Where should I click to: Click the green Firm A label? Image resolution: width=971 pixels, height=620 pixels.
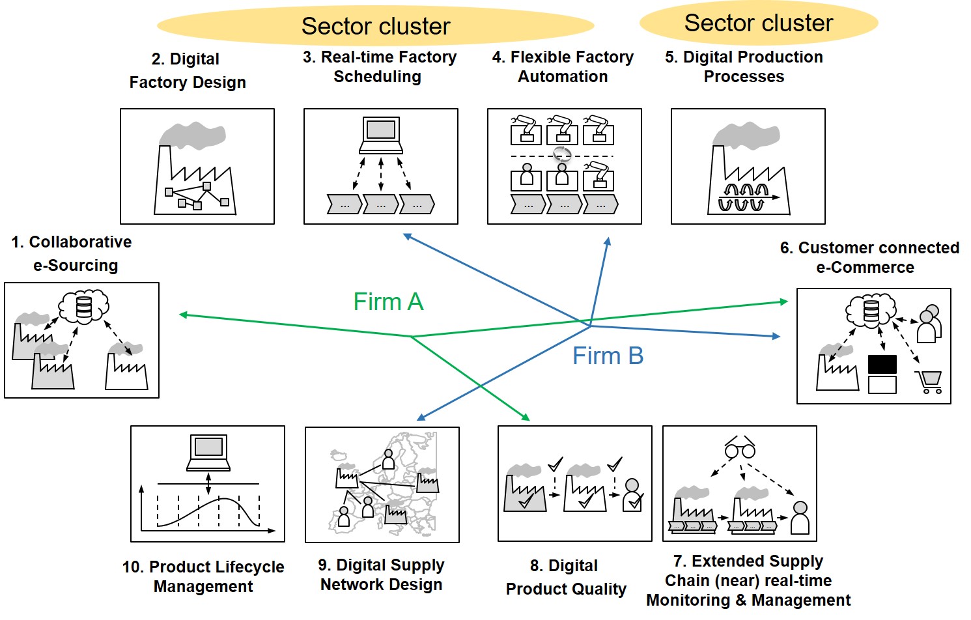click(388, 302)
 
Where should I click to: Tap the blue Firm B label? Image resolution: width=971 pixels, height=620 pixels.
click(608, 356)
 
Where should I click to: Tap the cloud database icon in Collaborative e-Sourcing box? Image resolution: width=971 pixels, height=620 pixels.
click(84, 307)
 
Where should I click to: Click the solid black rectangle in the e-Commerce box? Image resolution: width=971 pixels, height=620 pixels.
click(882, 364)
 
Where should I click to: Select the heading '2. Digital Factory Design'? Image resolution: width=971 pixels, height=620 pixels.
click(188, 70)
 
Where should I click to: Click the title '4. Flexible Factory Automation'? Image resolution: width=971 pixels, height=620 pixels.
click(563, 66)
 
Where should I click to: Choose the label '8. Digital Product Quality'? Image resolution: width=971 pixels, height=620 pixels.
click(565, 577)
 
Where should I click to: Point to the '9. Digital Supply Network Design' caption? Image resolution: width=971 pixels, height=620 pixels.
click(381, 574)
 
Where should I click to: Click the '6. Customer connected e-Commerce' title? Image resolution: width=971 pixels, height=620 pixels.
click(869, 257)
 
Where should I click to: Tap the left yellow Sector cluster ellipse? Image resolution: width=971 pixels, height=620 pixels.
click(375, 26)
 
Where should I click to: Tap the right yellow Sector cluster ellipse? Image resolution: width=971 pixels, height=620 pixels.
click(759, 23)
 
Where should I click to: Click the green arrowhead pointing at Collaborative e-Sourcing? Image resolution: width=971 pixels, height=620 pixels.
click(183, 315)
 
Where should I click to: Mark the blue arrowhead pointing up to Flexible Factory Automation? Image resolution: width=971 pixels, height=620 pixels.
click(608, 242)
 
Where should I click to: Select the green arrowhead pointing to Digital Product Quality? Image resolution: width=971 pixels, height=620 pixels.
click(526, 417)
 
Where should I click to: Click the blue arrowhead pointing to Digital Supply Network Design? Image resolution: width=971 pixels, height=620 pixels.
click(421, 417)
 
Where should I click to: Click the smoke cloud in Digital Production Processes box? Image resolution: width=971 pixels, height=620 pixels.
click(746, 134)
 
